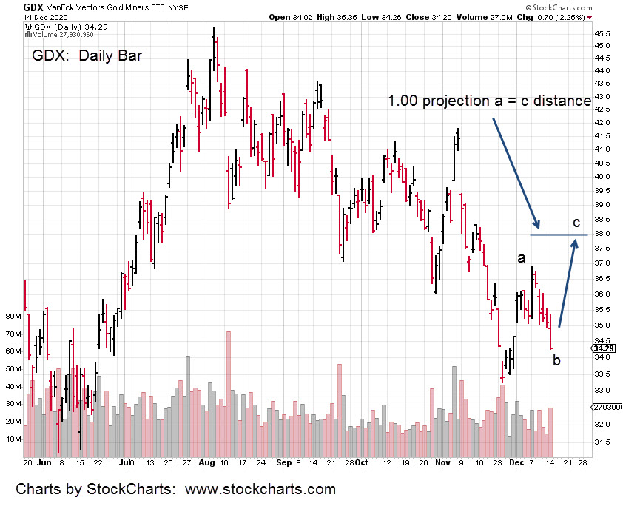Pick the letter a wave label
click(x=522, y=257)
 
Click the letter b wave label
click(x=556, y=360)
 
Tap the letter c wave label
click(x=577, y=222)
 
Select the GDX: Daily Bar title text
click(x=87, y=56)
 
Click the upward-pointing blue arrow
click(x=568, y=281)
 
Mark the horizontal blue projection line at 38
click(x=559, y=235)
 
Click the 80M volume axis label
click(x=12, y=316)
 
